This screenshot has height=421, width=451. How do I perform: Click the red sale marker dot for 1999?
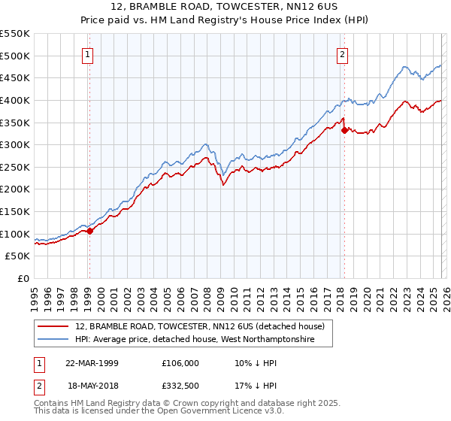pos(89,232)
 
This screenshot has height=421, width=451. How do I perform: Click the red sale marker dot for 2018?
pos(344,130)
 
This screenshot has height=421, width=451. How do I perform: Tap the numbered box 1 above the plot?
pos(88,54)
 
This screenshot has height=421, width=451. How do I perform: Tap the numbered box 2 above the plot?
pos(343,54)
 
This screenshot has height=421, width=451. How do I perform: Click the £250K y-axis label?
pos(15,167)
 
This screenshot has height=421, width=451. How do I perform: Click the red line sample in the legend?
pos(54,327)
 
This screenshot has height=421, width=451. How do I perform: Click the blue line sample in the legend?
pos(54,341)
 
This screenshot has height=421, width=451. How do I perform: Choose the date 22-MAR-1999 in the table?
pos(92,363)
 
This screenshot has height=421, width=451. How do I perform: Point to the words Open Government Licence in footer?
pos(212,412)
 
